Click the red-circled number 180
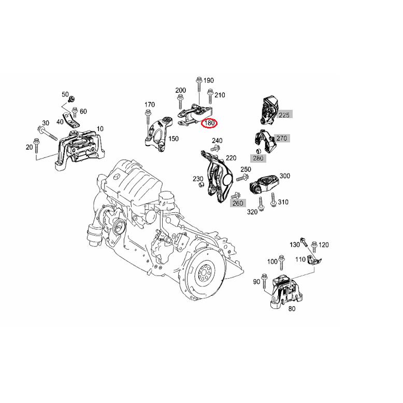[x=210, y=123]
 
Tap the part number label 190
[x=208, y=80]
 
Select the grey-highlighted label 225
[x=284, y=114]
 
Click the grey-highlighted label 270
[x=281, y=138]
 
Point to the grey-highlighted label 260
[x=237, y=203]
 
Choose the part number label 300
[x=285, y=176]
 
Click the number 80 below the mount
[x=292, y=309]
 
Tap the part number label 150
[x=174, y=139]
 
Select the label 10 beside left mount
[x=100, y=128]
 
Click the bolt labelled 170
[x=148, y=115]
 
